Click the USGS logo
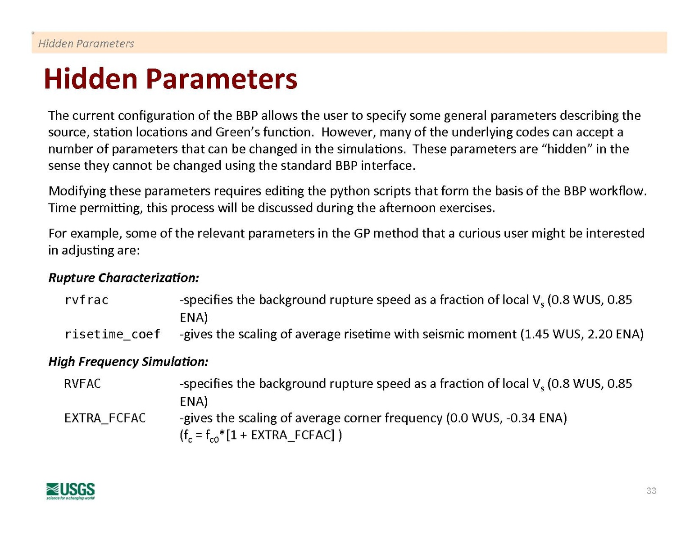[x=70, y=491]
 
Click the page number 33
[x=651, y=491]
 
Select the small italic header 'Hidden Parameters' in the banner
[x=86, y=43]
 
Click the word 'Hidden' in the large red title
[x=91, y=79]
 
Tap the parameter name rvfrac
[x=86, y=300]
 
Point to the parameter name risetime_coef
[x=112, y=334]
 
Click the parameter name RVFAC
[x=82, y=384]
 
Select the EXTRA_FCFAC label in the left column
[x=105, y=418]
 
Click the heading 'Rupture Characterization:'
[x=123, y=278]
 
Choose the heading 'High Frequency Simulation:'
[x=128, y=362]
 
